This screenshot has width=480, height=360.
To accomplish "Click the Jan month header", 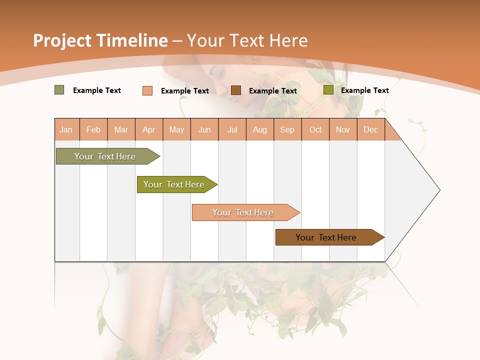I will click(66, 130).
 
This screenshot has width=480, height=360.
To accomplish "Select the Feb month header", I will click(93, 130).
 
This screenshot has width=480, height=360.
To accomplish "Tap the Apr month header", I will click(148, 130).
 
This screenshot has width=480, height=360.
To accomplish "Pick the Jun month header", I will click(204, 130).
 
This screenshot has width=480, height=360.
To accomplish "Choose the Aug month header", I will click(259, 130).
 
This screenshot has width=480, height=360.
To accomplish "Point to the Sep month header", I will click(287, 130).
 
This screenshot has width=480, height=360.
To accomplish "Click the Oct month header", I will click(315, 130).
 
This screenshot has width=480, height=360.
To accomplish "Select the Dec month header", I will click(370, 130).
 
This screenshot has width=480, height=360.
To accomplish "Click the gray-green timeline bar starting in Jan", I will click(105, 156).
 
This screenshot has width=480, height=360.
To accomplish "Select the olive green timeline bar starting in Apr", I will click(174, 184).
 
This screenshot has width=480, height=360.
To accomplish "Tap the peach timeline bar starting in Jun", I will click(243, 212).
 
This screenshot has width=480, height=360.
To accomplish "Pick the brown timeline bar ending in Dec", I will click(326, 237).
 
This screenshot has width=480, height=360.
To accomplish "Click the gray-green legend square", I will click(59, 90).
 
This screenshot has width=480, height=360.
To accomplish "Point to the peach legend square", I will click(147, 90).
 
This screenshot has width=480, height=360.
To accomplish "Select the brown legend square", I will click(236, 90).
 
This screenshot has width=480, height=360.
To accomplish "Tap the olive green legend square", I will click(328, 90).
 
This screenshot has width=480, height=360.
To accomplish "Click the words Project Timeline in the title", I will click(100, 40).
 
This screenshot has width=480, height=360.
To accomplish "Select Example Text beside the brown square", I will click(273, 91).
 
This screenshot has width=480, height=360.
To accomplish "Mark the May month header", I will click(176, 130).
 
